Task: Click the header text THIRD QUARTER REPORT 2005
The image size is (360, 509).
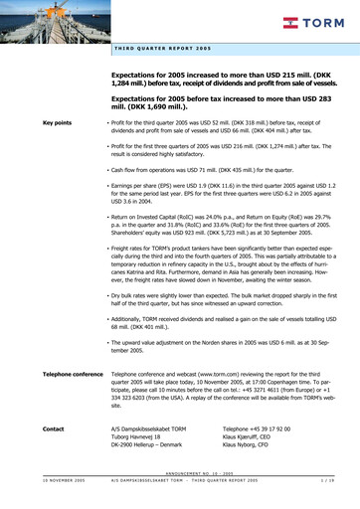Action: (163, 49)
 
